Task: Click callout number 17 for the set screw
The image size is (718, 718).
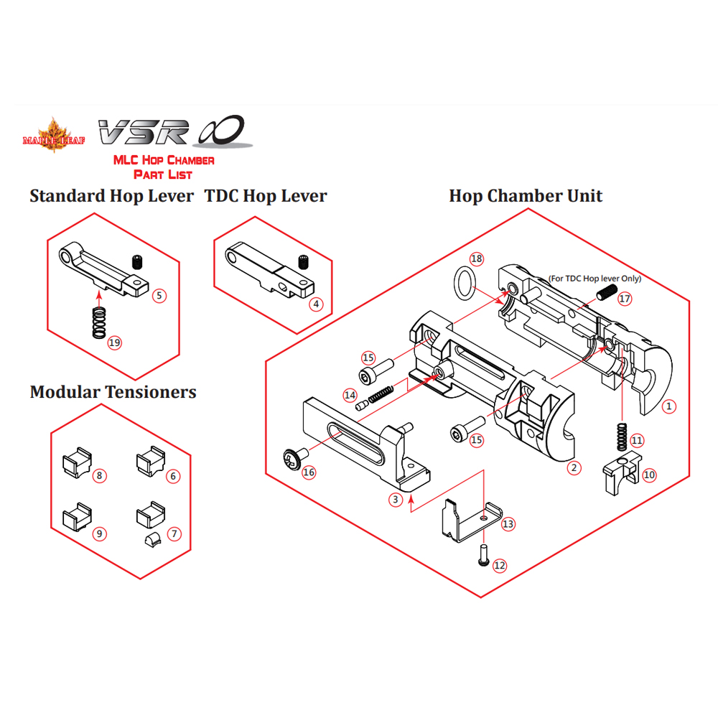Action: coord(624,298)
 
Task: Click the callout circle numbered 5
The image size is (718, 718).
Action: coord(159,294)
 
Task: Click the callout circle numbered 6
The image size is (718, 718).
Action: coord(173,475)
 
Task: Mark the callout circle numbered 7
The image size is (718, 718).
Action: coord(173,533)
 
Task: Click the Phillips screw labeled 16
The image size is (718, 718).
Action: coord(293,456)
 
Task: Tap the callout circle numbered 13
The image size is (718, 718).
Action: coord(508,524)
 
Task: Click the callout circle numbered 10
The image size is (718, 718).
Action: coord(649,475)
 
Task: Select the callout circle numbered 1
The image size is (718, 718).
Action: coord(669,406)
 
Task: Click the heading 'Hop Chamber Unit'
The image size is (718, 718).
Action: coord(526,196)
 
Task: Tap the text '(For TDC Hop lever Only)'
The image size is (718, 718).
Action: coord(595,278)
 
